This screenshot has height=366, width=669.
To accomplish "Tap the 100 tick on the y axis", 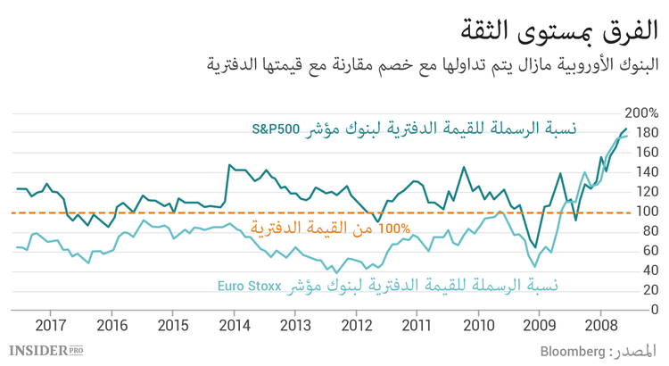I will [x=647, y=212].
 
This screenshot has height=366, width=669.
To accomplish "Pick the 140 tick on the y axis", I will [x=647, y=172].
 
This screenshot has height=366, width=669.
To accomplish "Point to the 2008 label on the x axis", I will [x=602, y=325].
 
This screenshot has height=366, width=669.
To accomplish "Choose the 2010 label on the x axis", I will [x=480, y=325].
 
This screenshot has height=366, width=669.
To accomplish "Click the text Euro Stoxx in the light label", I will [x=250, y=286].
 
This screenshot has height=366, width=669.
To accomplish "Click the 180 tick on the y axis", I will [x=647, y=134].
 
